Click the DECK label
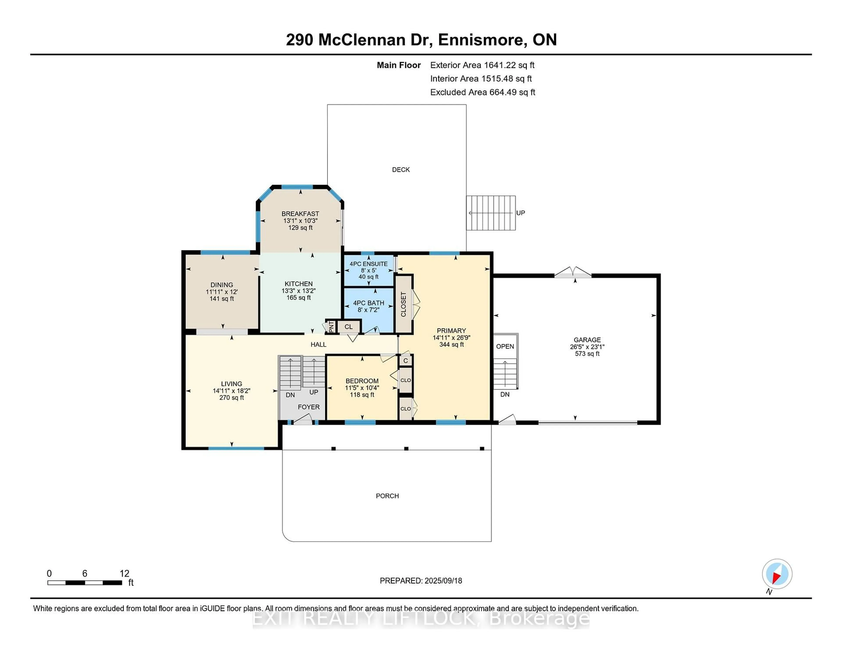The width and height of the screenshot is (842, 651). pos(401,170)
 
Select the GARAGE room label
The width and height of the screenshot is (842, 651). pos(587,340)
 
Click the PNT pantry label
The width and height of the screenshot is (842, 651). pos(331,327)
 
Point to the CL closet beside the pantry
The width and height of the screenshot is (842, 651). pos(348,327)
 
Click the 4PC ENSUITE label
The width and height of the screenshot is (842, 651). pos(369,264)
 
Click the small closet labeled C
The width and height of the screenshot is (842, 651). pos(406,361)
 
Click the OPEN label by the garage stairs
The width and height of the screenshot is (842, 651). pos(505,346)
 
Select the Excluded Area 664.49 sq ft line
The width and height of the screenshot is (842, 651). pos(482,92)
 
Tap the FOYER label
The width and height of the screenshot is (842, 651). pos(309,407)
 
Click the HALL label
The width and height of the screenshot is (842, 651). pos(318,344)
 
